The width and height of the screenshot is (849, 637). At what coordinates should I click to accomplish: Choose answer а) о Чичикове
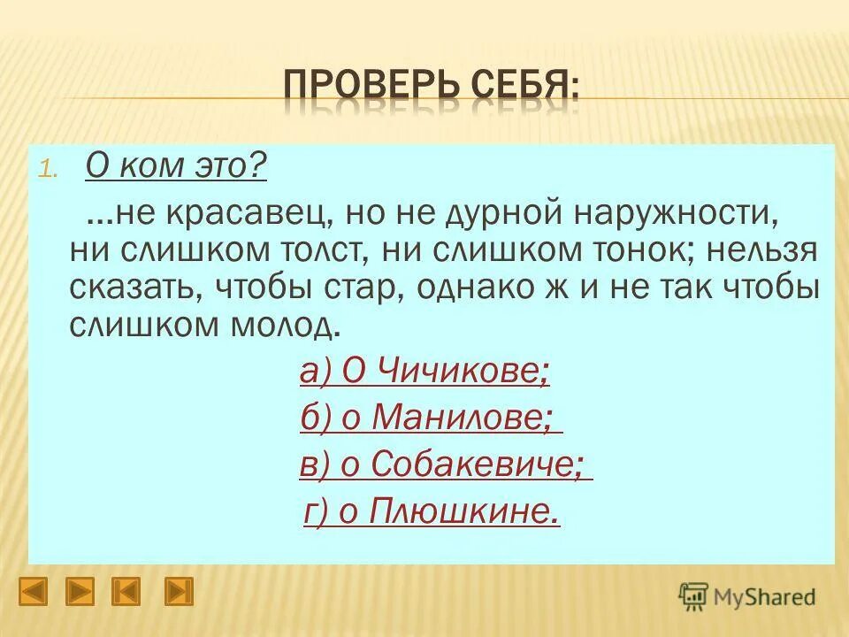(424, 372)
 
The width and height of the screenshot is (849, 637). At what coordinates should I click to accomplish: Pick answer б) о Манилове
(431, 418)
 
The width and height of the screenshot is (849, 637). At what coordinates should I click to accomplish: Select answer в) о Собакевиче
(445, 464)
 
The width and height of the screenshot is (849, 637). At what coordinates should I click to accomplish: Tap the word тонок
(639, 250)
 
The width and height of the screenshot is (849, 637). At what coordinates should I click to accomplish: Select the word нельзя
(759, 250)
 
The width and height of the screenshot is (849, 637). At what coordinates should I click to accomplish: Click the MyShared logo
(747, 595)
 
